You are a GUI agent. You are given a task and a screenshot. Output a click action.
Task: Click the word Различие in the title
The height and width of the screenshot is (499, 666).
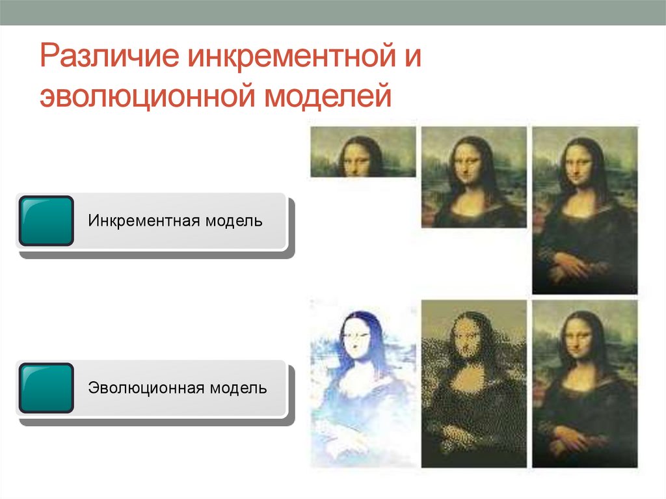tap(109, 57)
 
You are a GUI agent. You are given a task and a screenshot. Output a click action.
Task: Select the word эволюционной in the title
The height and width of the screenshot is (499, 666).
tap(145, 96)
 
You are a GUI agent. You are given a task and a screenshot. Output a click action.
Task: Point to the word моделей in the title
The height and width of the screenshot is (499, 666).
tap(328, 96)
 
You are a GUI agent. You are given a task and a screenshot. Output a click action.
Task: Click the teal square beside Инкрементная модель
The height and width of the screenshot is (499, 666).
tap(46, 221)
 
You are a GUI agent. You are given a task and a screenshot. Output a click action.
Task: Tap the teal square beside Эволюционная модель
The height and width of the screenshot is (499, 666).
tap(46, 388)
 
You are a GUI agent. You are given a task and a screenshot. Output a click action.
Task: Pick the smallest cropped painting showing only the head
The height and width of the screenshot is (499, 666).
tap(363, 152)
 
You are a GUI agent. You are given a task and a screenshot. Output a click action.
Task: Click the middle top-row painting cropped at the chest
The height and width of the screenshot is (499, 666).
tap(474, 177)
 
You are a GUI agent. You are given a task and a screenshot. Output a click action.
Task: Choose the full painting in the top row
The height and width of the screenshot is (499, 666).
tap(585, 210)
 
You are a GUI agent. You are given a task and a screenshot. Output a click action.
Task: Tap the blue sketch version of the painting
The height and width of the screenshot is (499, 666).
tap(363, 383)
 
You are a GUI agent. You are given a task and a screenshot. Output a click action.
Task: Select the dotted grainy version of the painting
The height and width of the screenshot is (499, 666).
tap(474, 383)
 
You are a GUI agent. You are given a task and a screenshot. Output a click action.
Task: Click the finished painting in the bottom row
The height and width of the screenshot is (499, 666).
tap(585, 383)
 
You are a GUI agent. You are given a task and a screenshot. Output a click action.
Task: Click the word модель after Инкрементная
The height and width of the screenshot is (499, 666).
tap(235, 221)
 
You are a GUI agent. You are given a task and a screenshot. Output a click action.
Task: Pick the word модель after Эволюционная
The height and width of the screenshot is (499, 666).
tap(238, 388)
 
